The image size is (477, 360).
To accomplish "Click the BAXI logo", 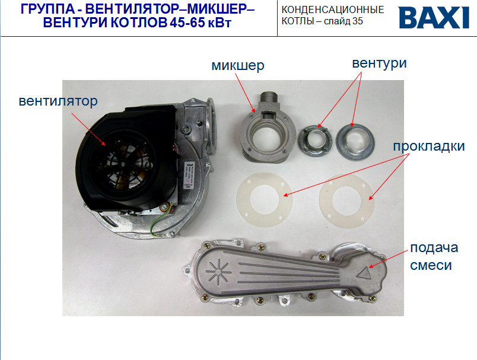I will pos(434,18).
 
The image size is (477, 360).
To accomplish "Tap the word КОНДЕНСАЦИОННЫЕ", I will pos(332,10).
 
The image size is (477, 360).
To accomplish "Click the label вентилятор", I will pos(58,101).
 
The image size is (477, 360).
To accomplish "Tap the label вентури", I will pos(379,63).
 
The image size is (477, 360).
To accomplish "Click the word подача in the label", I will pos(433,248).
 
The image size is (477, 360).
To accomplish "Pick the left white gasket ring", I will pos(265,197).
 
